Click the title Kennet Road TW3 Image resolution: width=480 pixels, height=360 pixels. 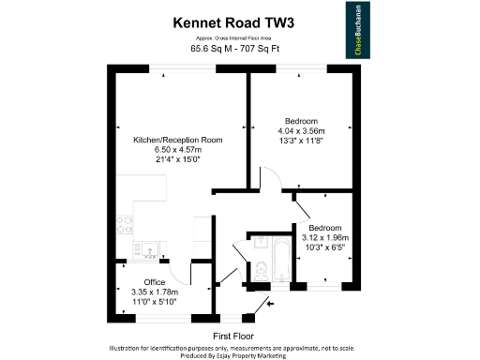[228, 20]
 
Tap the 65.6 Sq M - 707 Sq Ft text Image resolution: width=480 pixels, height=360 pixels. [228, 49]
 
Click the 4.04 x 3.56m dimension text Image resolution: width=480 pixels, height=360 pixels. [301, 130]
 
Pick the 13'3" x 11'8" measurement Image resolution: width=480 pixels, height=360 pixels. [301, 141]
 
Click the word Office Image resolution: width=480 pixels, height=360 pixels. [154, 282]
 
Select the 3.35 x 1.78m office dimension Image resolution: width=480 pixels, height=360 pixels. [154, 292]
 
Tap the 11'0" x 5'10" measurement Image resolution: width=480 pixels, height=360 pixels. [154, 302]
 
